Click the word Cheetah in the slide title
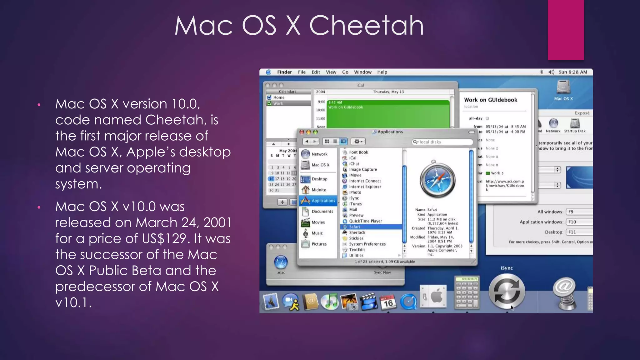(366, 26)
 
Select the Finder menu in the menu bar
(284, 72)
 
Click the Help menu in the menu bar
(382, 72)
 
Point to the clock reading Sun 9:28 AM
(573, 72)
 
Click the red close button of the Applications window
(302, 132)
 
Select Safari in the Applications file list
(354, 227)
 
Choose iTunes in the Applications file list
(355, 204)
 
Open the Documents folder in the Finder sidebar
(322, 212)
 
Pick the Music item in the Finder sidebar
(317, 233)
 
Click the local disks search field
(442, 142)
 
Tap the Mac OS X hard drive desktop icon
(563, 87)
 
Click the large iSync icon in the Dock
(507, 291)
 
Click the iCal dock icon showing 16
(388, 302)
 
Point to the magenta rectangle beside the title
(566, 30)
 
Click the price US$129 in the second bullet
(164, 239)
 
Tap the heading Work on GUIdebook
(490, 100)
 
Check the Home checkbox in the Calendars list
(269, 97)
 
